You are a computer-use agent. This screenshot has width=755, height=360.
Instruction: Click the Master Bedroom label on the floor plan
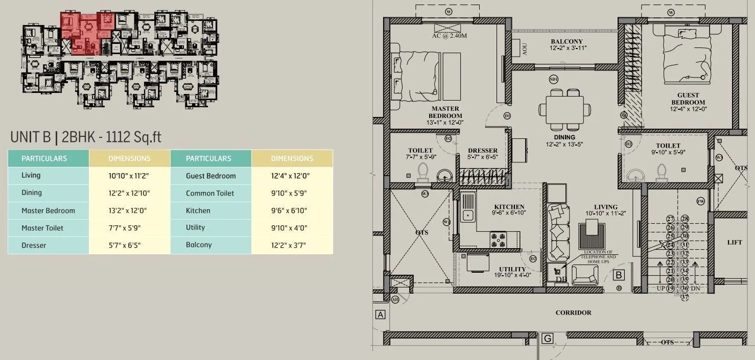pyautogui.click(x=445, y=112)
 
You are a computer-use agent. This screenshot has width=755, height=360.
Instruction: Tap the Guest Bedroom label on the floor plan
pyautogui.click(x=688, y=99)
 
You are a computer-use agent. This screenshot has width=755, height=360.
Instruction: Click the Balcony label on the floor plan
pyautogui.click(x=567, y=41)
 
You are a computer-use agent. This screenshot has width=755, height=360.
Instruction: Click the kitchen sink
pyautogui.click(x=467, y=211)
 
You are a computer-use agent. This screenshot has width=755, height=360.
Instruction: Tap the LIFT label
pyautogui.click(x=735, y=242)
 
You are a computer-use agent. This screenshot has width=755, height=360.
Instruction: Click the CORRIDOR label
pyautogui.click(x=573, y=313)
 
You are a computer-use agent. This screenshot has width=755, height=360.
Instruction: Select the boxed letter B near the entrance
pyautogui.click(x=619, y=275)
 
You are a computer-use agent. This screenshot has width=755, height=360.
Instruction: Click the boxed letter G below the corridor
pyautogui.click(x=547, y=338)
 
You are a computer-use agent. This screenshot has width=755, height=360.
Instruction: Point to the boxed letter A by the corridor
pyautogui.click(x=380, y=315)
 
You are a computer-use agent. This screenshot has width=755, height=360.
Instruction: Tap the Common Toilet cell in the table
pyautogui.click(x=210, y=193)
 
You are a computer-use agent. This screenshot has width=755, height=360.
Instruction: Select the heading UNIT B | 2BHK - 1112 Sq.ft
pyautogui.click(x=86, y=137)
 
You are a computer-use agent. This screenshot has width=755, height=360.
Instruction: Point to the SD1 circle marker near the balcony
pyautogui.click(x=553, y=79)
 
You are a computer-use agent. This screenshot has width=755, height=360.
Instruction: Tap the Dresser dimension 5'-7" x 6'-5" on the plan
pyautogui.click(x=482, y=157)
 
